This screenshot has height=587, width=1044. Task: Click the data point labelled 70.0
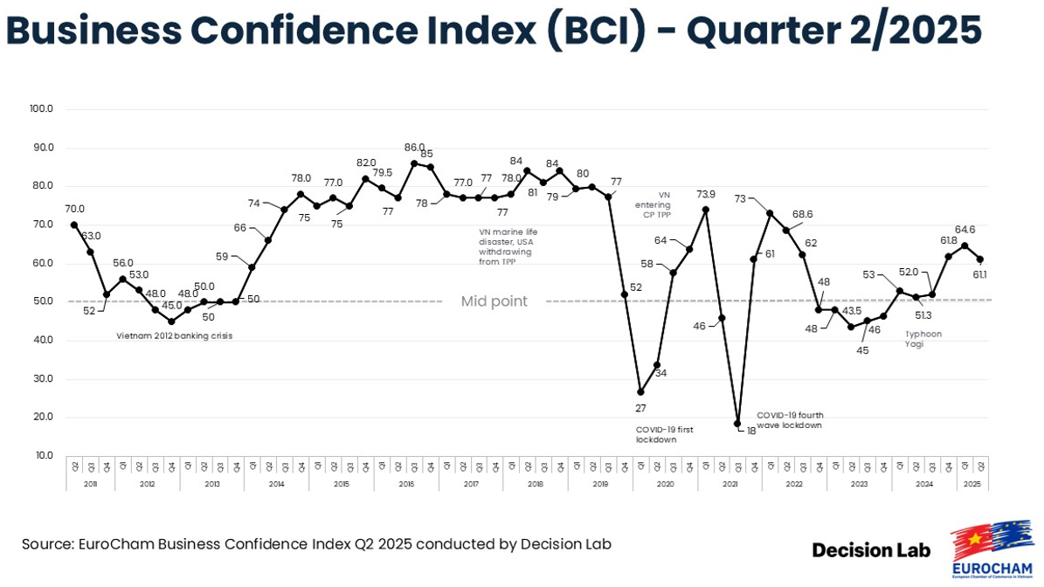tap(73, 224)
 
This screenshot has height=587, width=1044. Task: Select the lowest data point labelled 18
tap(738, 424)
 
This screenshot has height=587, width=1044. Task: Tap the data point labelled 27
tap(640, 391)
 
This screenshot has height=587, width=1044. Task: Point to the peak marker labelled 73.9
tap(706, 210)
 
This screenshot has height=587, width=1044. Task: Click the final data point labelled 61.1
tap(980, 259)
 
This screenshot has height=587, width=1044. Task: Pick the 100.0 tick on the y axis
tap(42, 109)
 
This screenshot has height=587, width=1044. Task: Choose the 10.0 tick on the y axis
tap(44, 455)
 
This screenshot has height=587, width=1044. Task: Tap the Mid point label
tap(494, 301)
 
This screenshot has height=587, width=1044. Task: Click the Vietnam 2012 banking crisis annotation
tap(174, 335)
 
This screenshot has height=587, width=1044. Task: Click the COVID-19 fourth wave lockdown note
tap(790, 420)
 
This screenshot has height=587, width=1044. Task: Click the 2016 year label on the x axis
tap(406, 483)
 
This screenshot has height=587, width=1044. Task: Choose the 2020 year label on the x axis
tap(665, 483)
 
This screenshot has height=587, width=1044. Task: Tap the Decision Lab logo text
tap(871, 550)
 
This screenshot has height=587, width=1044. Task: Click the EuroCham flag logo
tap(992, 546)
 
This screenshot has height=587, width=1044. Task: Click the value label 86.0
tap(414, 148)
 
